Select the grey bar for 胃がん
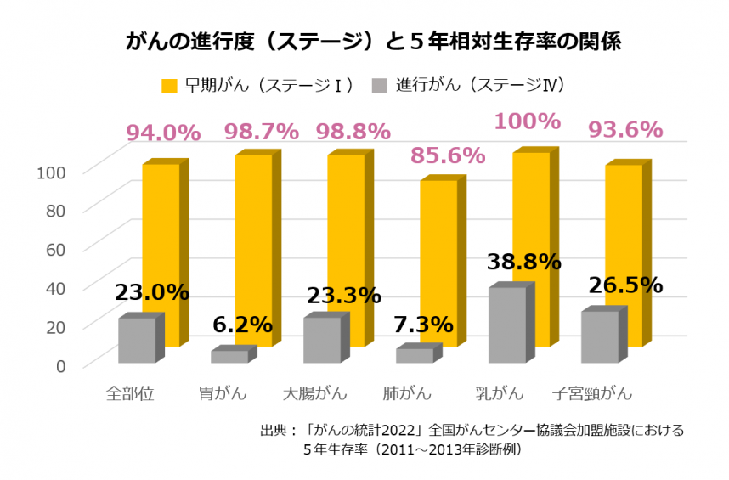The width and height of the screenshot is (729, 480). (x=229, y=357)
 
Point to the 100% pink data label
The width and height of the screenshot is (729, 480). (x=527, y=121)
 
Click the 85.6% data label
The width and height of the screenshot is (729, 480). (x=448, y=155)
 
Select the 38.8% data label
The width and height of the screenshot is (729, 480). (x=524, y=262)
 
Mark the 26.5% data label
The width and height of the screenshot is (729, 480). (x=625, y=285)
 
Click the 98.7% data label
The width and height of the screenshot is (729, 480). (x=261, y=132)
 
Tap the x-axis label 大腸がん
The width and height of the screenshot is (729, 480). (x=315, y=394)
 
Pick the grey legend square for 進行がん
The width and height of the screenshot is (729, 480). (x=379, y=86)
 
